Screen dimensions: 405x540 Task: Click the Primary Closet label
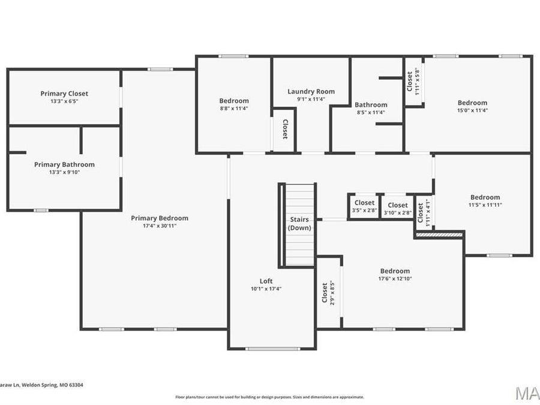(64, 94)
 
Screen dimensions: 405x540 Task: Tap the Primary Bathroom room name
(64, 164)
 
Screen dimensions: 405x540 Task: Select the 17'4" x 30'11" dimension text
(160, 226)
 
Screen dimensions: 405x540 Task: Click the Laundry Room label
(311, 92)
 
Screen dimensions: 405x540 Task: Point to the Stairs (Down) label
(299, 224)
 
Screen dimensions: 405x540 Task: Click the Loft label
(266, 281)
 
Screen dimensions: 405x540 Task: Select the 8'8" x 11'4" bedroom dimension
(233, 109)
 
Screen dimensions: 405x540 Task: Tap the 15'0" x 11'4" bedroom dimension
(472, 110)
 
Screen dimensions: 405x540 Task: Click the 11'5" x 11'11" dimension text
(485, 205)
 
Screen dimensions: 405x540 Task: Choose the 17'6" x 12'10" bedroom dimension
(394, 278)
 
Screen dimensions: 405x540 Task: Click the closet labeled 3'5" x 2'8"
(364, 207)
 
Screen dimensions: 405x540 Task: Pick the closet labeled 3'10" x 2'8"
(397, 209)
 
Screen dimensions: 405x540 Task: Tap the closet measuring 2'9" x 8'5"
(328, 293)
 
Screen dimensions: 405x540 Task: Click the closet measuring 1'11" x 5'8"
(413, 82)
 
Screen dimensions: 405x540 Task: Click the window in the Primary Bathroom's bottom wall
(41, 210)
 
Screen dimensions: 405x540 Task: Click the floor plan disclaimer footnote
(269, 397)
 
